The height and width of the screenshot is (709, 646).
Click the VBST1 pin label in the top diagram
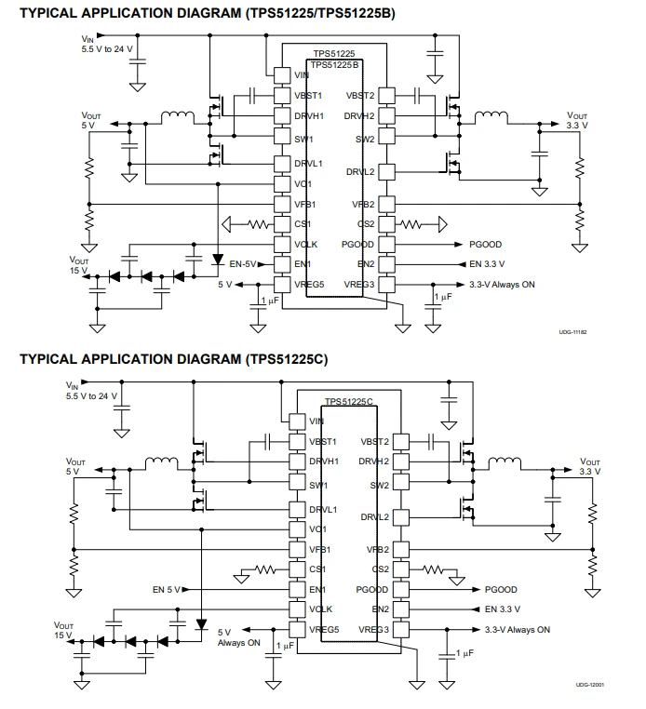click(308, 96)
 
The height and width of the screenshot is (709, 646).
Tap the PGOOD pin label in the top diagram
click(357, 245)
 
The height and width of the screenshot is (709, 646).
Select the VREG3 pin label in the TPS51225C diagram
click(373, 629)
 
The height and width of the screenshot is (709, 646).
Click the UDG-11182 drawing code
click(572, 332)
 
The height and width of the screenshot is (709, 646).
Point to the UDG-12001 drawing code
click(589, 685)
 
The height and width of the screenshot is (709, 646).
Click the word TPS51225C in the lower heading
click(286, 359)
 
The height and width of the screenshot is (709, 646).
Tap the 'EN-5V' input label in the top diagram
click(243, 264)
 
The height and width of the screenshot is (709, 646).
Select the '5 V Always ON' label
click(239, 637)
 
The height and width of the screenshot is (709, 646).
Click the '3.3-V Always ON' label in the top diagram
click(502, 285)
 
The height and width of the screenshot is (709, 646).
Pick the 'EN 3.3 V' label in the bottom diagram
click(502, 609)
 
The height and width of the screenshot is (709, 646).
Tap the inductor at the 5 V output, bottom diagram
click(162, 463)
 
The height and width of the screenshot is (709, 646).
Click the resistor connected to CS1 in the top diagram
click(259, 224)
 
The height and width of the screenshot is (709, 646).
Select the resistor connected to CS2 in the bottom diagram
click(433, 569)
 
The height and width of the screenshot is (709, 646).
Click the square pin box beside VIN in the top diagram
click(282, 75)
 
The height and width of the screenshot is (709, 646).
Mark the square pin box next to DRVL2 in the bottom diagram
click(401, 516)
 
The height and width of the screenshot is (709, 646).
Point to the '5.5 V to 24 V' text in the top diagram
click(107, 49)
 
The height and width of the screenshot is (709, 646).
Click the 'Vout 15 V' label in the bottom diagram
click(63, 630)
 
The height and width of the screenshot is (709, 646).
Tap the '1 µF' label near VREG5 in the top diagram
click(270, 301)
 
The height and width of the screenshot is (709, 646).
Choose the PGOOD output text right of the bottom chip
click(501, 590)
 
